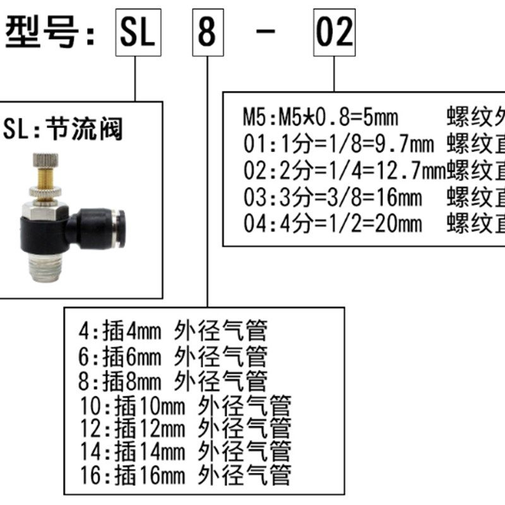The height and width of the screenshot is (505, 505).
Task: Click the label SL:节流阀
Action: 63,129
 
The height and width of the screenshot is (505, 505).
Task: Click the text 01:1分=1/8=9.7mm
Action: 338,144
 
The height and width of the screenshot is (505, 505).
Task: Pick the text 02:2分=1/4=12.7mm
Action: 344,170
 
